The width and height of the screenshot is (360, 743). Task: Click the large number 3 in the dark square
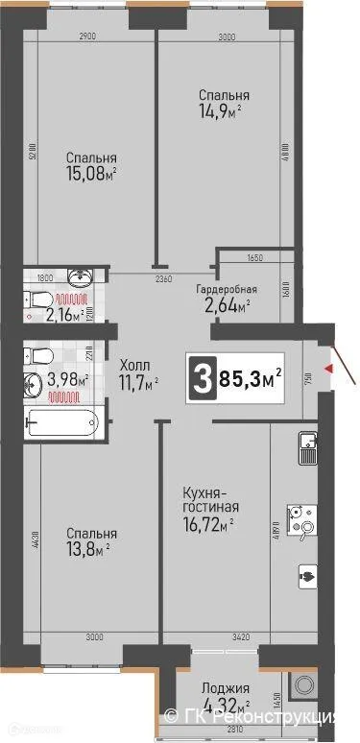coord(203,371)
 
